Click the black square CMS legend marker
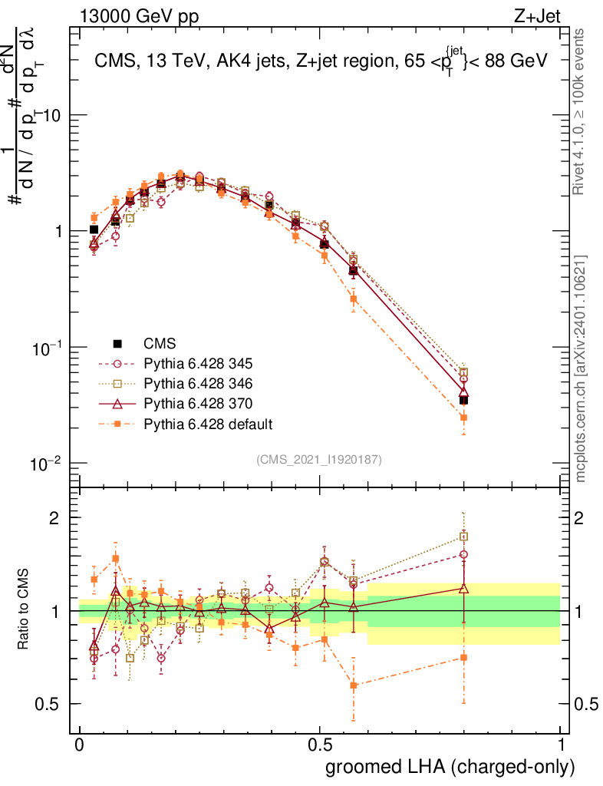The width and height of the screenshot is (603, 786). pyautogui.click(x=117, y=343)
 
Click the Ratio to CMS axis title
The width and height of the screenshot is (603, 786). pyautogui.click(x=24, y=613)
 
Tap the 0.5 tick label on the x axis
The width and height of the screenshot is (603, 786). pyautogui.click(x=320, y=745)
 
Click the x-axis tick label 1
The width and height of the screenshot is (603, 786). pyautogui.click(x=561, y=745)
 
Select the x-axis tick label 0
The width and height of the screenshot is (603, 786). pyautogui.click(x=80, y=745)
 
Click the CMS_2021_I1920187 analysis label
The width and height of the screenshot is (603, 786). pyautogui.click(x=319, y=459)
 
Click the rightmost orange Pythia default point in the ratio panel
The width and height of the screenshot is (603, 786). pyautogui.click(x=463, y=657)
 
